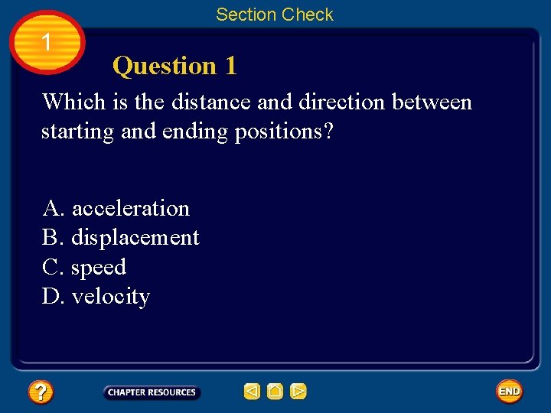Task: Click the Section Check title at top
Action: coord(275,15)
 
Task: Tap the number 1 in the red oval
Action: coord(47,43)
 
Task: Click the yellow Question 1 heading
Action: coord(174,67)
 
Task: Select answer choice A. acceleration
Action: coord(116,208)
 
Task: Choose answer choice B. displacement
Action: coord(121,238)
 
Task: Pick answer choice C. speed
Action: coord(84,267)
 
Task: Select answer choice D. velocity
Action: coord(96,296)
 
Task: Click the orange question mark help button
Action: coord(40,392)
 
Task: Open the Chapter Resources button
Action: coord(152,392)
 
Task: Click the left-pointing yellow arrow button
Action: coord(253,392)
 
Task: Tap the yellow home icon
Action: coord(275,392)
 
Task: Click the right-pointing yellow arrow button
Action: coord(298,392)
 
